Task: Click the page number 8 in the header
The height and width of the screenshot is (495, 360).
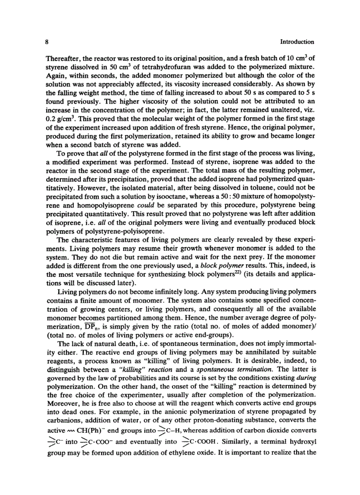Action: click(46, 42)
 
